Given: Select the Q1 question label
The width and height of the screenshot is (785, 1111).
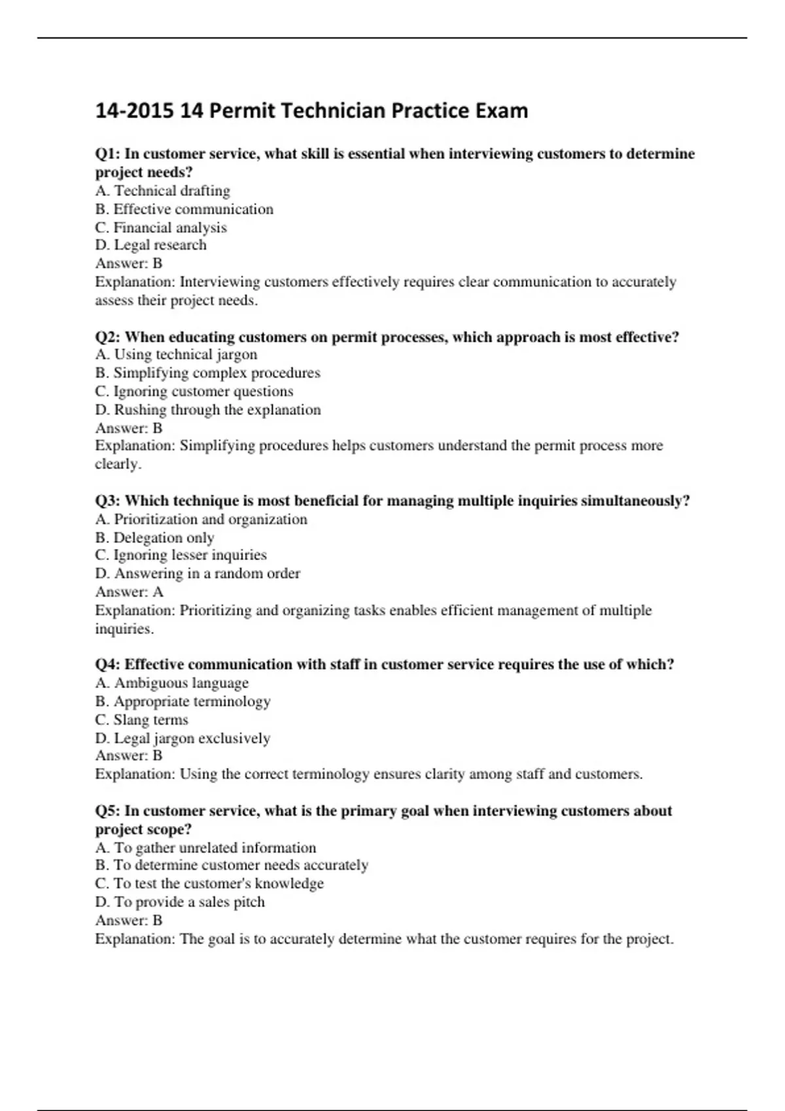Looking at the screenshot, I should pyautogui.click(x=108, y=154).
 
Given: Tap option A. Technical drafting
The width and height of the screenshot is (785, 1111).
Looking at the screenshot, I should pyautogui.click(x=163, y=191).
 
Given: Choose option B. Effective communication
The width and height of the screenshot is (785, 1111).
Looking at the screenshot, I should pyautogui.click(x=184, y=209).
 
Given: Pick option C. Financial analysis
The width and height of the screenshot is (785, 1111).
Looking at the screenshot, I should pyautogui.click(x=161, y=227).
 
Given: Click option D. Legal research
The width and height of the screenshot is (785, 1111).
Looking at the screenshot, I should pyautogui.click(x=151, y=245).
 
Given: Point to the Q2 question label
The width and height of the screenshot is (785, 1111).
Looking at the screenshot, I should pyautogui.click(x=108, y=337).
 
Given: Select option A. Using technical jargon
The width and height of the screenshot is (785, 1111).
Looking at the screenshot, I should pyautogui.click(x=177, y=355).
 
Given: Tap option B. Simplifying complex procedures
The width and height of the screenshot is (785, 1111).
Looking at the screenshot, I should pyautogui.click(x=208, y=373).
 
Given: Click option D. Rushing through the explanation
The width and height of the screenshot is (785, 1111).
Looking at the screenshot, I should pyautogui.click(x=208, y=410).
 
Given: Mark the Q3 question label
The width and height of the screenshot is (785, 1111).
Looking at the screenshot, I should pyautogui.click(x=108, y=501).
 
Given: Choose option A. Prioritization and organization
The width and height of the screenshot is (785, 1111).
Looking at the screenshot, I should pyautogui.click(x=201, y=520).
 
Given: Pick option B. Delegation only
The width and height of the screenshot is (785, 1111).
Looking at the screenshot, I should pyautogui.click(x=155, y=538).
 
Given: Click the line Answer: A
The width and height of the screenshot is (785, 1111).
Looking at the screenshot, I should pyautogui.click(x=130, y=592).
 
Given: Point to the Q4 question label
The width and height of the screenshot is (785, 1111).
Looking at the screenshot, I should pyautogui.click(x=108, y=665).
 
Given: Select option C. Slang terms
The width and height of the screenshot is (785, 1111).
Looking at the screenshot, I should pyautogui.click(x=142, y=720).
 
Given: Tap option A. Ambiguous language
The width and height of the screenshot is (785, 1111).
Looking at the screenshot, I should pyautogui.click(x=172, y=683).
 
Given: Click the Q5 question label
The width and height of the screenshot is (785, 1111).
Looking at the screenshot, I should pyautogui.click(x=108, y=811).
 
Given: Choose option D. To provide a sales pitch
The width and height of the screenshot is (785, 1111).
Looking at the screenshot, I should pyautogui.click(x=181, y=903).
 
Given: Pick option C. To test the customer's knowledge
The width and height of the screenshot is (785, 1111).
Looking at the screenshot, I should pyautogui.click(x=210, y=884).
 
